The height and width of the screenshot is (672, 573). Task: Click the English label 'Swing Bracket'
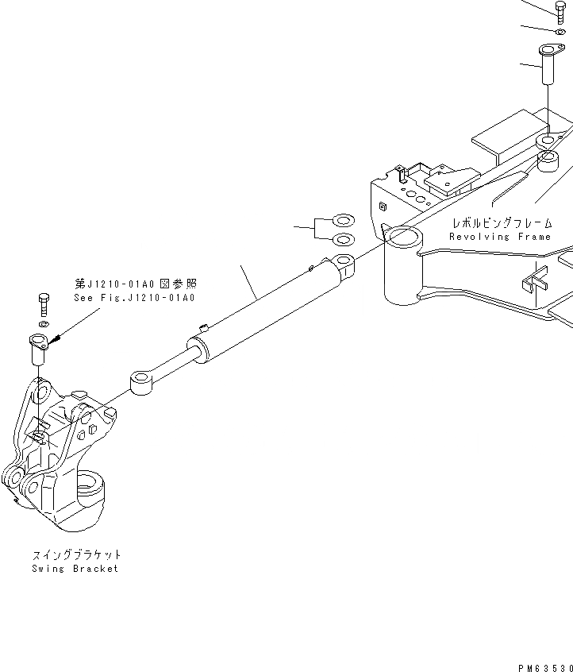click(x=75, y=569)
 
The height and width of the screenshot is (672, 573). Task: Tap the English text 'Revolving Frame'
click(x=499, y=237)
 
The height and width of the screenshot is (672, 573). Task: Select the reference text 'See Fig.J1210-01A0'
click(x=134, y=297)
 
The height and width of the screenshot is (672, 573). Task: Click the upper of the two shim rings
click(x=343, y=221)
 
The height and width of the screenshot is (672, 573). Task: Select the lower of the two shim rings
click(x=343, y=240)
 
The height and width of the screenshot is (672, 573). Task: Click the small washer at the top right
click(x=560, y=31)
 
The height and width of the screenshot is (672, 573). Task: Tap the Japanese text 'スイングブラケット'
click(x=76, y=554)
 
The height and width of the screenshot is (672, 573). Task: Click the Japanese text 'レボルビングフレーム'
click(x=499, y=223)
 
